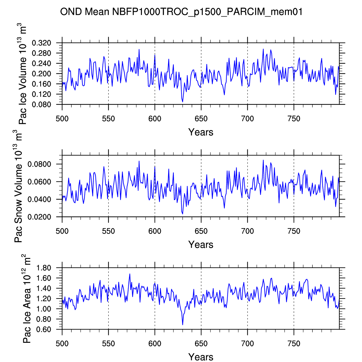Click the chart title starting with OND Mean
[181, 12]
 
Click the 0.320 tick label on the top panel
[41, 43]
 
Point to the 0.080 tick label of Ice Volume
[41, 105]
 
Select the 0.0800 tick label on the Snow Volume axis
[39, 164]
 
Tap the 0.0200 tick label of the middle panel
[39, 217]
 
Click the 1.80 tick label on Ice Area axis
[44, 268]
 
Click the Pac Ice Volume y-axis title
[22, 74]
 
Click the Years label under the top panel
[201, 132]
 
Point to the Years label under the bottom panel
[201, 357]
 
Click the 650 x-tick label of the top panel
[201, 119]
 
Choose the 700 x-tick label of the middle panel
[248, 231]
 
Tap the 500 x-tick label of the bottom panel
[62, 344]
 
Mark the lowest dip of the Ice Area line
[183, 324]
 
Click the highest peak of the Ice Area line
[130, 274]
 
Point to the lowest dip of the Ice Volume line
[183, 102]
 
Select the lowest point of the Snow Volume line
[183, 214]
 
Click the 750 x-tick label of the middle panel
[294, 231]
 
